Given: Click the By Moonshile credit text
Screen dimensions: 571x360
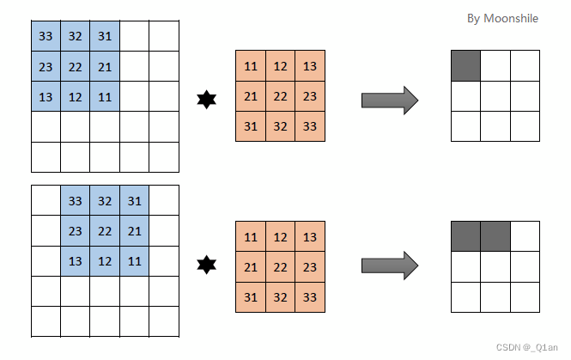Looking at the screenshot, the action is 502,19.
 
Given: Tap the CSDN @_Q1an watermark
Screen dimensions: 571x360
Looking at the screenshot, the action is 526,347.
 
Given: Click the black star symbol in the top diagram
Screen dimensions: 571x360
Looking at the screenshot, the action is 206,100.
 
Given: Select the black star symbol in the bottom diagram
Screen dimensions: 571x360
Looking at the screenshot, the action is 206,265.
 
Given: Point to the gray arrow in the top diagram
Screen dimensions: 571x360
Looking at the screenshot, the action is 390,101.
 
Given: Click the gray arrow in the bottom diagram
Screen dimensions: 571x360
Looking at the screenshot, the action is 390,265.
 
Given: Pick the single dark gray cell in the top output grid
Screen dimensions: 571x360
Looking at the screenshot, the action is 465,65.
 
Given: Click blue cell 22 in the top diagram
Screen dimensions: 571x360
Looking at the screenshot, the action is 75,66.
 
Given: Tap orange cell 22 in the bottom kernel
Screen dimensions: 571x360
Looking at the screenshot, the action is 281,267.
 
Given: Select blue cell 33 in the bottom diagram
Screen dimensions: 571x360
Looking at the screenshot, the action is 75,200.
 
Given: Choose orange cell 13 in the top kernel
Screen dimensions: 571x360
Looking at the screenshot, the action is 310,66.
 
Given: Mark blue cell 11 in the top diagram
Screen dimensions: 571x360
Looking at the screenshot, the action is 105,96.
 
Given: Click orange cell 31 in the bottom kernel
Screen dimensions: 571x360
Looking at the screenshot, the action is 251,297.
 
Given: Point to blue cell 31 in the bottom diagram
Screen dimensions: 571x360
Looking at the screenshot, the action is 134,200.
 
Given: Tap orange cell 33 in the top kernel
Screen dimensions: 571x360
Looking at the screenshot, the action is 310,126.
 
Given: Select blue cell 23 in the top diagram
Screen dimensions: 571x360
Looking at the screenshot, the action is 46,66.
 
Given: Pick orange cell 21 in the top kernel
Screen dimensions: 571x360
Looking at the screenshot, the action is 251,96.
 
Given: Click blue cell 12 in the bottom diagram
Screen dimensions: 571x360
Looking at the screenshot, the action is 105,261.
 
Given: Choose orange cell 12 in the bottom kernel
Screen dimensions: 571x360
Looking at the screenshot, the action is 281,237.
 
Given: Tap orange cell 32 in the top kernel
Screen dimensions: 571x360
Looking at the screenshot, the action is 281,126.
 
